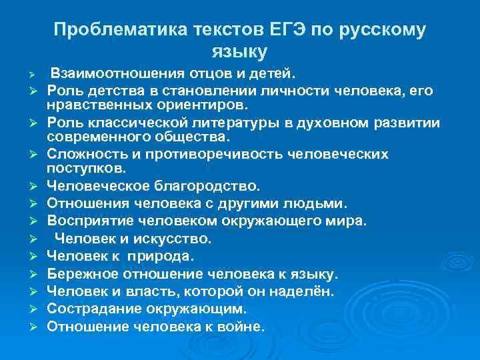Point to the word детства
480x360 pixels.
click(109, 89)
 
